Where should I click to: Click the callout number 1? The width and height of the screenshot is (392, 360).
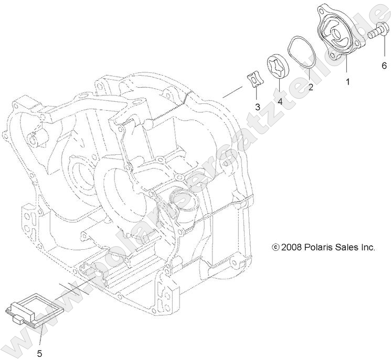coord(347,82)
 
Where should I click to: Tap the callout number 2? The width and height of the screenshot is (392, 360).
coord(311,88)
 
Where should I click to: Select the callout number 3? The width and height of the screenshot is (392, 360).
coord(258,107)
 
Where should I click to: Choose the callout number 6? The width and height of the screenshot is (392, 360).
coord(384,66)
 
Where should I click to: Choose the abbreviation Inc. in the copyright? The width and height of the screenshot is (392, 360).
coord(368,247)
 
